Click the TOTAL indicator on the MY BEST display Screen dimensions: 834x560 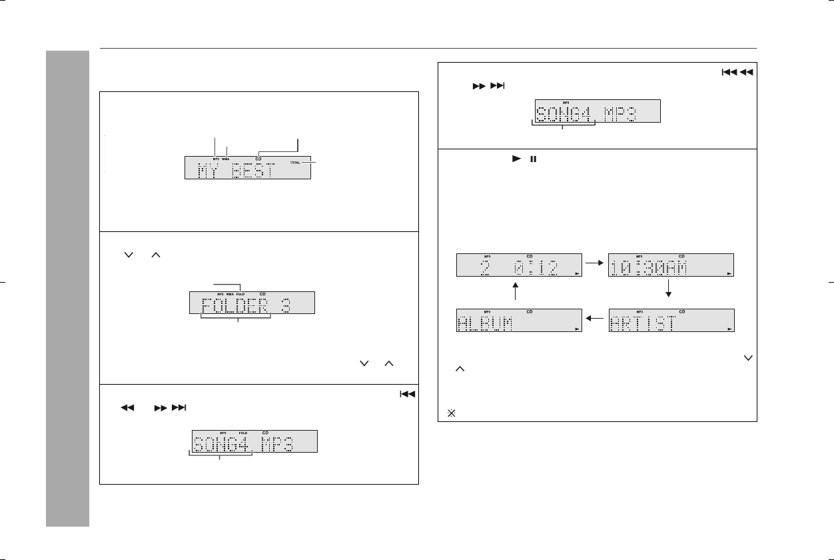pyautogui.click(x=295, y=163)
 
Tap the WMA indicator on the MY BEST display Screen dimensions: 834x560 pyautogui.click(x=226, y=159)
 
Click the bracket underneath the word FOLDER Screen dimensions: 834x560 pyautogui.click(x=236, y=317)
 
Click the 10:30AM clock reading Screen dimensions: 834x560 pyautogui.click(x=648, y=267)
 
